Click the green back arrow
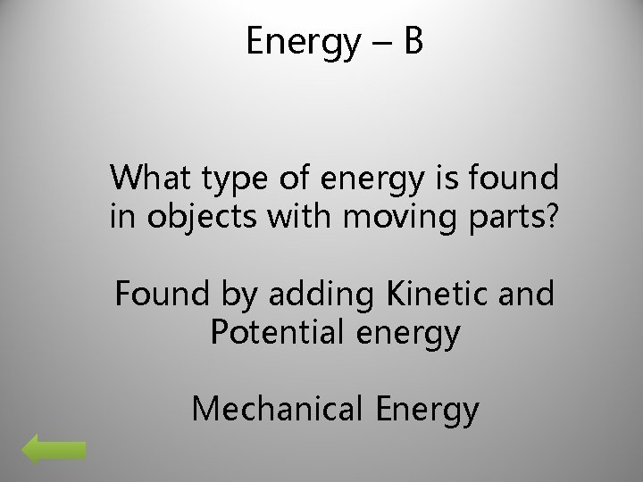tap(54, 451)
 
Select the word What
tap(146, 179)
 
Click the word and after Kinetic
tap(529, 295)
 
